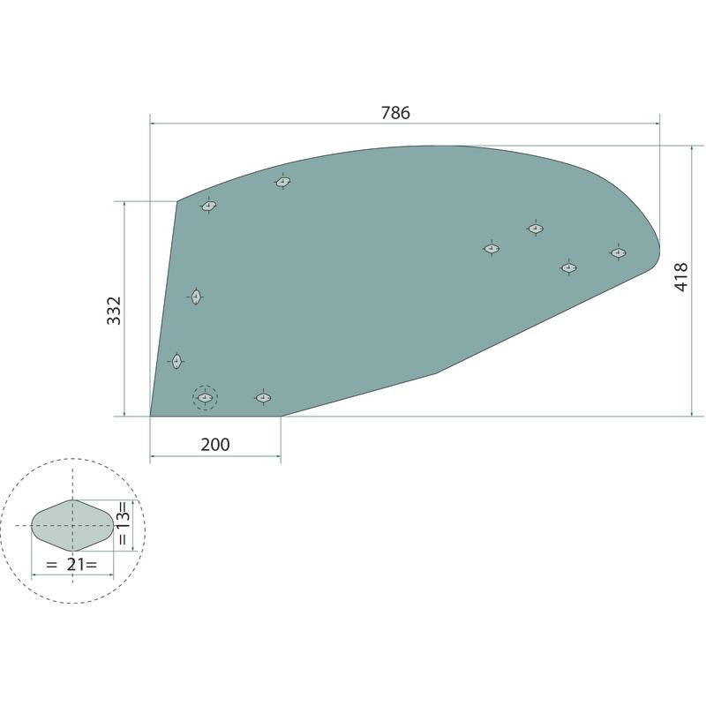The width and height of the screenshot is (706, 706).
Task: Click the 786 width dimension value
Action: (395, 113)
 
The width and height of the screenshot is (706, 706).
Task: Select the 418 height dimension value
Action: (681, 277)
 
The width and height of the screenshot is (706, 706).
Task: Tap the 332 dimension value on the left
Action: (114, 311)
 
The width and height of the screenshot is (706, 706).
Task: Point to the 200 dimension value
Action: (215, 445)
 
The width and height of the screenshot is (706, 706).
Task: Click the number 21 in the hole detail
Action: (76, 564)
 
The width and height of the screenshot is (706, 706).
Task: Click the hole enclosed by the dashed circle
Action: (206, 398)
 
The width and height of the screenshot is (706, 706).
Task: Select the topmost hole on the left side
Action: (282, 182)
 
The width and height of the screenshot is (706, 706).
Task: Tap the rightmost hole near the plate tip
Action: (619, 252)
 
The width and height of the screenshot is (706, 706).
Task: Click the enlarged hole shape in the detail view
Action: (72, 525)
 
